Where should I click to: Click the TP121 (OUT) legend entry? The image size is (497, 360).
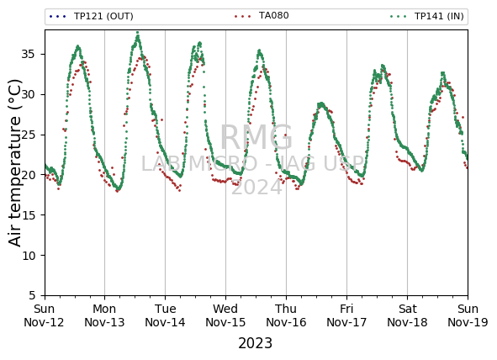point(92,16)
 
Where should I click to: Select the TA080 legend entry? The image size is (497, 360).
point(262,15)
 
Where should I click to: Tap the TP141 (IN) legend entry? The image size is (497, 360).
point(427,16)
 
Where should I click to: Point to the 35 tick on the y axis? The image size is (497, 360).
point(29,55)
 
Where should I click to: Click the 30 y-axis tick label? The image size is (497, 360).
point(29,95)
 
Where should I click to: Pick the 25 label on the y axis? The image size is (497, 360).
point(29,135)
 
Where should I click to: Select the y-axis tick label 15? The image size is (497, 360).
point(29,215)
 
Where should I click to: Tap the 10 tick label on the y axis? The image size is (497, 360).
point(29,256)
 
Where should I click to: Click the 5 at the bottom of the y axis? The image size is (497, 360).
point(32,296)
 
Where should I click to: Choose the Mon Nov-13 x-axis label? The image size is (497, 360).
point(104,315)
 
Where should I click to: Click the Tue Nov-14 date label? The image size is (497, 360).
point(165,315)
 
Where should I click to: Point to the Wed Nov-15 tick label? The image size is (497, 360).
point(225,315)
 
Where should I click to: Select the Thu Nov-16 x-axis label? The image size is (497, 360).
point(286,315)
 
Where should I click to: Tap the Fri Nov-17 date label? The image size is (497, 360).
point(346,315)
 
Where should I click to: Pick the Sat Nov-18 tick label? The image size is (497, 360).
point(407,315)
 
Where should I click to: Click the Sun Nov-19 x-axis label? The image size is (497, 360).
point(468,315)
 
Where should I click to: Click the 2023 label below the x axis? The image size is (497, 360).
point(255,343)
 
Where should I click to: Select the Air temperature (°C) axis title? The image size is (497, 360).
point(15,162)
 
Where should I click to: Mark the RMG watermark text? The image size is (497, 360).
point(256,137)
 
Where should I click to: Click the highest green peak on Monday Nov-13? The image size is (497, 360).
point(138,33)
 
